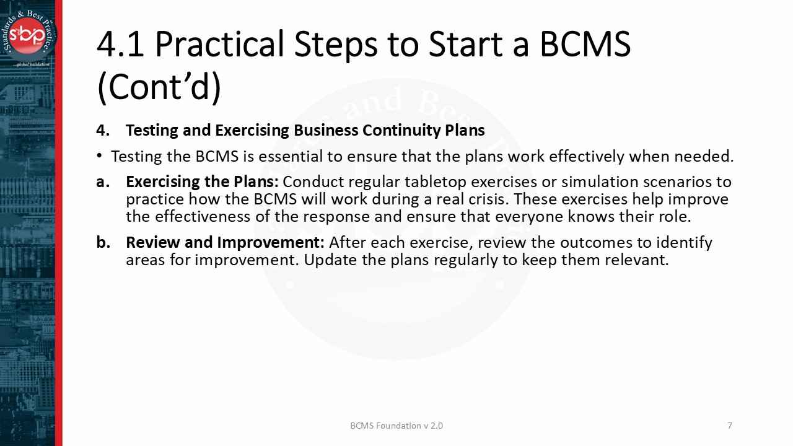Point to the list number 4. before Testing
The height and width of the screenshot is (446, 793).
(103, 131)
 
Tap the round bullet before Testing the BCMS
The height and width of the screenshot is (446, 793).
(100, 156)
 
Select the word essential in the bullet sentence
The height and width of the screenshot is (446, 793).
(291, 157)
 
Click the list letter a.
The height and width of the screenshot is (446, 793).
(103, 182)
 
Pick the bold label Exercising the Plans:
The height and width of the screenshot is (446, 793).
(202, 182)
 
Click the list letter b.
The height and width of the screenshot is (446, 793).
(103, 242)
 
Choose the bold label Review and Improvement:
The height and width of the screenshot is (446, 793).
(225, 242)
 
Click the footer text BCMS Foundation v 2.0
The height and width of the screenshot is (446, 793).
(396, 426)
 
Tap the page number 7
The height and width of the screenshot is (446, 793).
(730, 426)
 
